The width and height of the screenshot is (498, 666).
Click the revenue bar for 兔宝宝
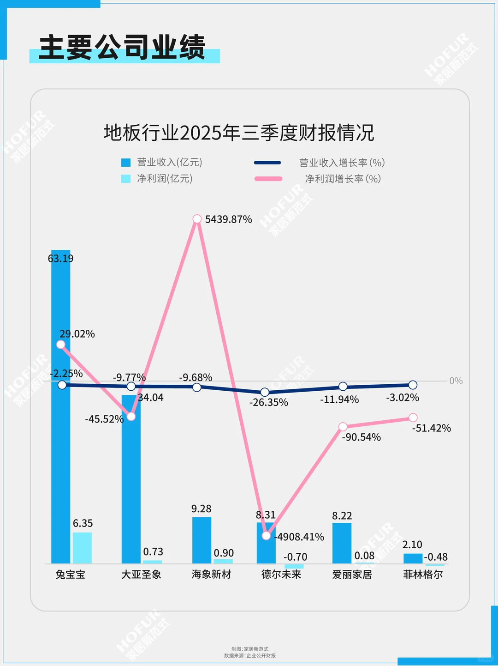(60, 416)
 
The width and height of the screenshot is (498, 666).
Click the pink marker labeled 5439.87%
(197, 219)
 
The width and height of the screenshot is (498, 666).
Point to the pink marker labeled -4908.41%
(266, 536)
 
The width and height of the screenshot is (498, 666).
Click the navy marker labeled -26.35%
(265, 392)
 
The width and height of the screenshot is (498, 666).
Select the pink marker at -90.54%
(343, 427)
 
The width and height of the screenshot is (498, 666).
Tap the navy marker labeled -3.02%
(413, 385)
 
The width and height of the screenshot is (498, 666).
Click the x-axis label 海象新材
(211, 575)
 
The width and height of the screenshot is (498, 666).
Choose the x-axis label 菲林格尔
(423, 575)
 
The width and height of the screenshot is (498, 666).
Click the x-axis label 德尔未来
(281, 575)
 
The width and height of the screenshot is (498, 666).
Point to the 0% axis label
(456, 381)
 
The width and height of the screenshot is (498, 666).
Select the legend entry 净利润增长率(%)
(343, 179)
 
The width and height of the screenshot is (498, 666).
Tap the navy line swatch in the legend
(267, 163)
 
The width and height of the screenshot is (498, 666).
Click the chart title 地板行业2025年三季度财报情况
(238, 133)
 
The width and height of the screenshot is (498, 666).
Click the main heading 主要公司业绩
(122, 48)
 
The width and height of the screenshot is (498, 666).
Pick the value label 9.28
(201, 509)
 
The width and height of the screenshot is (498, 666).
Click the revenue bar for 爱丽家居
(342, 543)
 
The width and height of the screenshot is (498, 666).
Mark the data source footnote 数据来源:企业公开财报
(250, 656)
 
